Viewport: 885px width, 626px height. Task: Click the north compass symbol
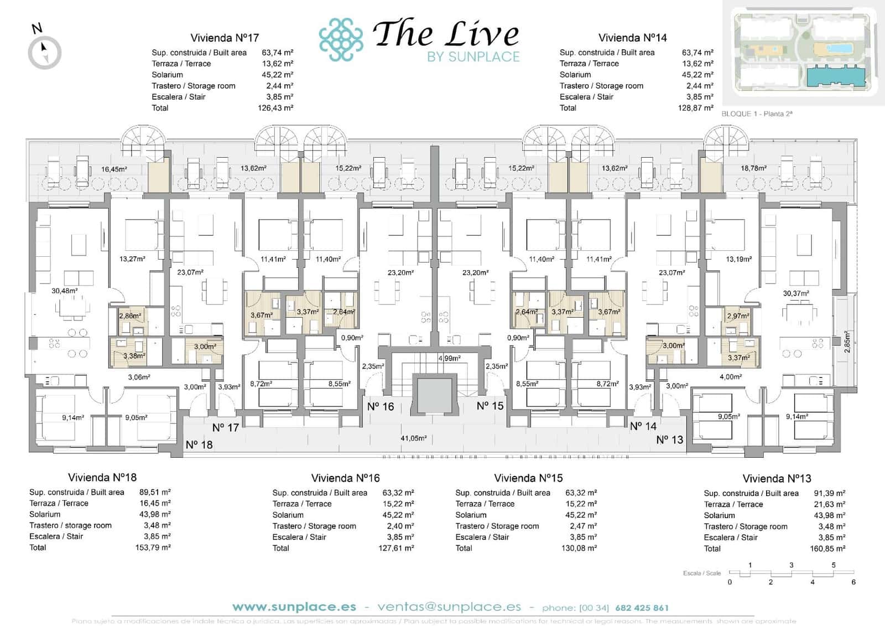point(44,53)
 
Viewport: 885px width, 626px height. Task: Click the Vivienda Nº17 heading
point(225,38)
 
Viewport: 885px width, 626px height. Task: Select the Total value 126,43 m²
point(275,108)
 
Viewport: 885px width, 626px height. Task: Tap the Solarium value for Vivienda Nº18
point(155,514)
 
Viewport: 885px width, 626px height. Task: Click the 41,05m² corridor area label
point(414,438)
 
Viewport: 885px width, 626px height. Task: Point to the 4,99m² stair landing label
point(449,358)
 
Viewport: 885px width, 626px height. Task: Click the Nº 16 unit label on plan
point(381,407)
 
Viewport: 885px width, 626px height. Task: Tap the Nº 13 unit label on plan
point(669,440)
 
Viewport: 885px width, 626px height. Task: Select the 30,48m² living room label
point(65,291)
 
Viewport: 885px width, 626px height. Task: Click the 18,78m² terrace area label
point(753,168)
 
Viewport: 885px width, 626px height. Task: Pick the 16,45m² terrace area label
point(114,169)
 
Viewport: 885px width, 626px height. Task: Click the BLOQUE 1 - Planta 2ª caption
point(757,114)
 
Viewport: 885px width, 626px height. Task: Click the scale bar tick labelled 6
point(853,582)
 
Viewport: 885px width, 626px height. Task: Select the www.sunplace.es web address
point(294,607)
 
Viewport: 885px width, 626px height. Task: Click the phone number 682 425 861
point(642,608)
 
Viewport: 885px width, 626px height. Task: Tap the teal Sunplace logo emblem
point(341,39)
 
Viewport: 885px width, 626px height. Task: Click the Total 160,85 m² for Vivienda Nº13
point(830,549)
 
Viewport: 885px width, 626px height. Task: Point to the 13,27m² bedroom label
point(132,259)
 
